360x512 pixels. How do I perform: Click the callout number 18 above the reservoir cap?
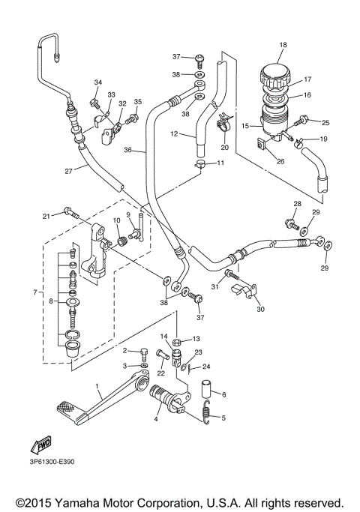(283, 46)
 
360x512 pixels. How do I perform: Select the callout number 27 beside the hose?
(68, 171)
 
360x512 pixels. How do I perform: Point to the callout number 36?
(128, 150)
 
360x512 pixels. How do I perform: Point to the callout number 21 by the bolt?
(46, 216)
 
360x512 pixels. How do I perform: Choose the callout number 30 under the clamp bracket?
(259, 308)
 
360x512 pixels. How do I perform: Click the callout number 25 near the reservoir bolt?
(325, 122)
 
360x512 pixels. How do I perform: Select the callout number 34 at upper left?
(97, 82)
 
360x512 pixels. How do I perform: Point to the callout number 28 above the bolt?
(297, 204)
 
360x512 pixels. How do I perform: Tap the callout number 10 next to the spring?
(116, 220)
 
